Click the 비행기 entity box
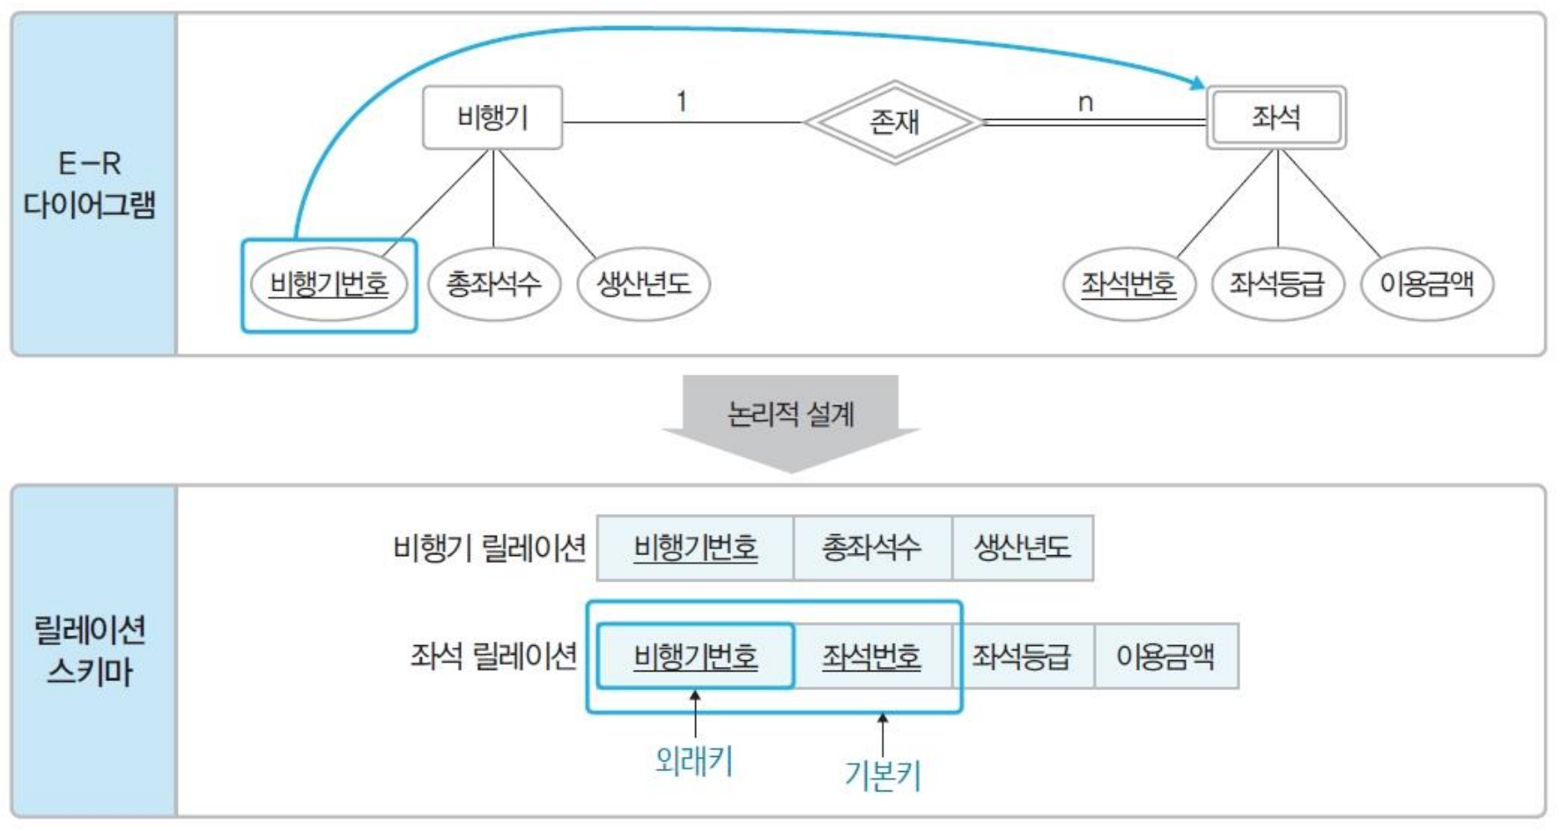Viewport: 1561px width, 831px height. [x=492, y=117]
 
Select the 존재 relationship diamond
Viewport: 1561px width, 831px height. [x=894, y=122]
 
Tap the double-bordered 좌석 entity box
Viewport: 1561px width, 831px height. [x=1276, y=117]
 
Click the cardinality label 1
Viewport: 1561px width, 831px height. [x=681, y=102]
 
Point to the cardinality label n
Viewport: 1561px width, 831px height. [x=1085, y=103]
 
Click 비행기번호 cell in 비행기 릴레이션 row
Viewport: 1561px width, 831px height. [x=695, y=548]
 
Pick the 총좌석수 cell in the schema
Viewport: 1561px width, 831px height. [x=872, y=548]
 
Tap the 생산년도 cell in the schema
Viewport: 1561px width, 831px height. [x=1022, y=548]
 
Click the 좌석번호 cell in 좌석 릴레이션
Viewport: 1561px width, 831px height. [x=872, y=657]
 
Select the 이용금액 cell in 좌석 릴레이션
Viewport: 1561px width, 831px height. [x=1165, y=657]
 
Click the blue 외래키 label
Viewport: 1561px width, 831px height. [x=694, y=761]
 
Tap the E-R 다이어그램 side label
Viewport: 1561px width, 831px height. [x=90, y=184]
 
